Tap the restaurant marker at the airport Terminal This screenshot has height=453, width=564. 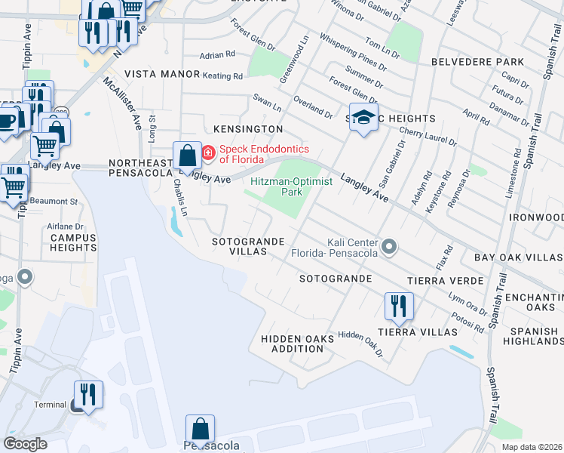pos(87,395)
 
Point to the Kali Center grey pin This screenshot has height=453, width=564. pos(389,247)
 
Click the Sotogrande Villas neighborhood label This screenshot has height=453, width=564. pos(248,246)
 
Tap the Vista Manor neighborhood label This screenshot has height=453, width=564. pos(162,74)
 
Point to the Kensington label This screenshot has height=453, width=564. pos(243,130)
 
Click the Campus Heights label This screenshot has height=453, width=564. pos(73,242)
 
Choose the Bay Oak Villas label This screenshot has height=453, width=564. pos(519,257)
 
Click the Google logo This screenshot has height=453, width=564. pos(26,444)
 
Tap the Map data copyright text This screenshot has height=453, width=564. pos(531,447)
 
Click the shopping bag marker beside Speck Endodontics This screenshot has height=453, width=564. pos(186,156)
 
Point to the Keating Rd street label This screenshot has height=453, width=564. pos(222,76)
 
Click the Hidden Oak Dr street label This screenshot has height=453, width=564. pos(360,344)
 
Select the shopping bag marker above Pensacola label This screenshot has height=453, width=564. pos(201,429)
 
